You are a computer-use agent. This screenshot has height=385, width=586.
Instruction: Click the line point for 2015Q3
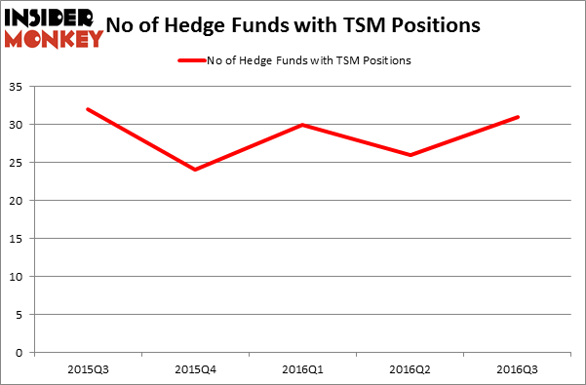pyautogui.click(x=88, y=109)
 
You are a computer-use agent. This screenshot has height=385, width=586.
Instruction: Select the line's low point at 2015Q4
pyautogui.click(x=195, y=170)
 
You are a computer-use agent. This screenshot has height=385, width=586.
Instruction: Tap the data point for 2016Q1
pyautogui.click(x=303, y=125)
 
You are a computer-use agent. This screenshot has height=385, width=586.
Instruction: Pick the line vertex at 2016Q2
pyautogui.click(x=410, y=155)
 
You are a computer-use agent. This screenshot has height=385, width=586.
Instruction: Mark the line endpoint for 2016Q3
pyautogui.click(x=518, y=117)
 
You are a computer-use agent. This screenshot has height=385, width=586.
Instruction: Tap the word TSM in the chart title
pyautogui.click(x=367, y=26)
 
